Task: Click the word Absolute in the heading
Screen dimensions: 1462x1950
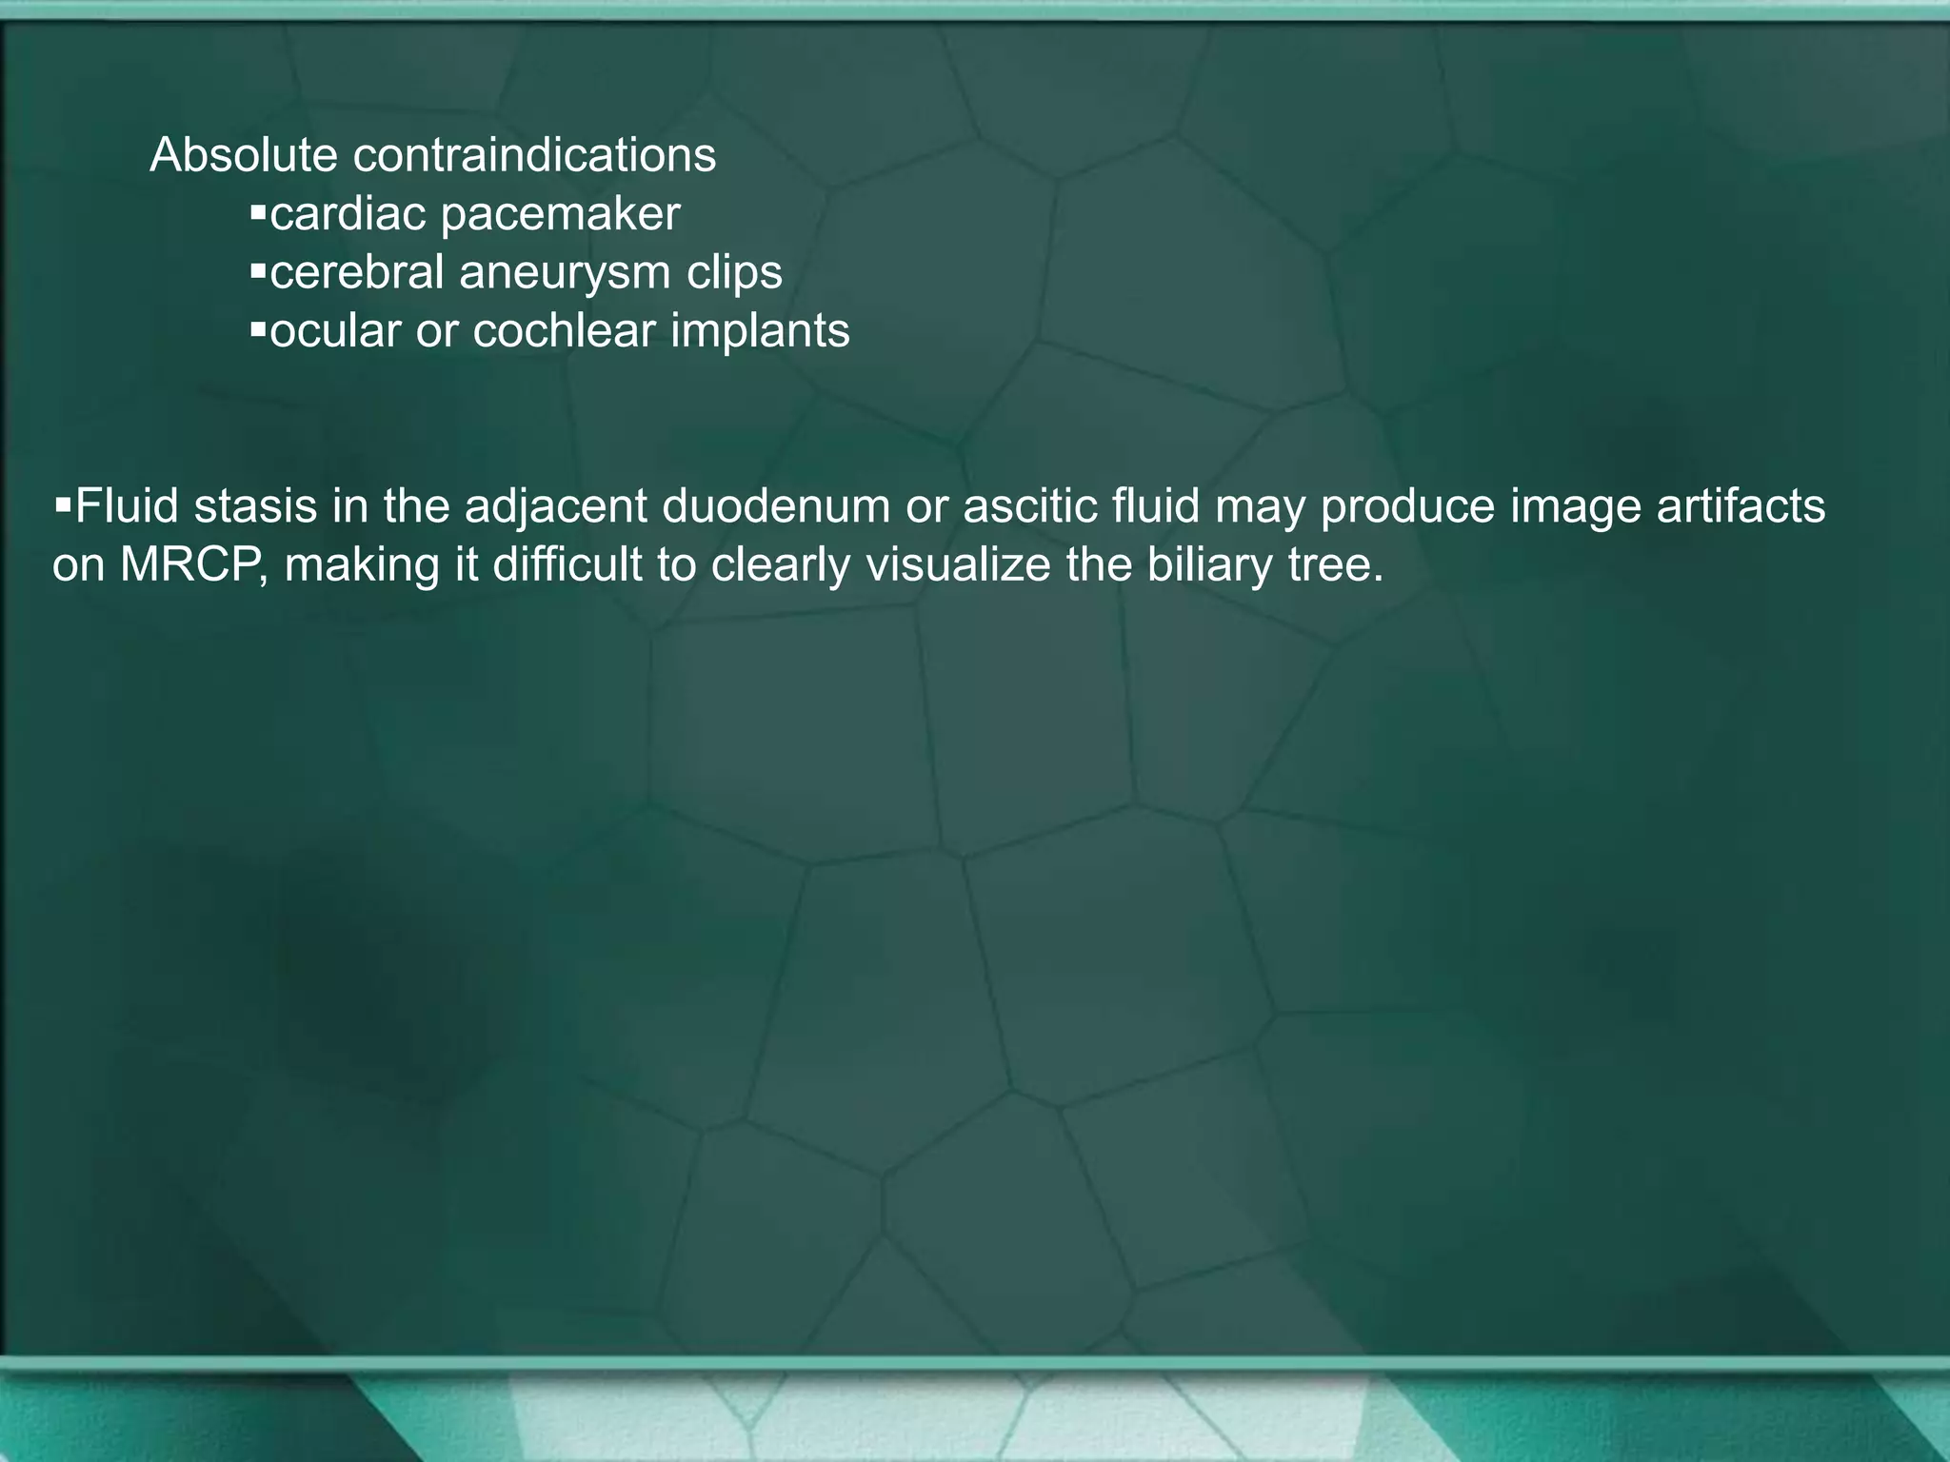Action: (x=243, y=155)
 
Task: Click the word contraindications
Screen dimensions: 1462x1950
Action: (x=534, y=155)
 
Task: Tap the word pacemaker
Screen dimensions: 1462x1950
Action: (x=561, y=214)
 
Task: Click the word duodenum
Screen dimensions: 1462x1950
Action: (x=776, y=506)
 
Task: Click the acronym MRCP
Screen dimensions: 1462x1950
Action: (x=194, y=565)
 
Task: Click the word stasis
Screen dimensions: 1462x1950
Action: (x=255, y=506)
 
